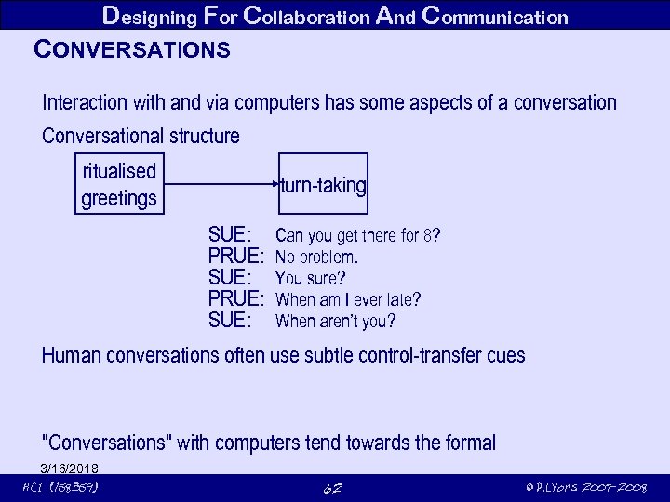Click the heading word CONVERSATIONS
[131, 49]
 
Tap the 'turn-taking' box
[324, 185]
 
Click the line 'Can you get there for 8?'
[357, 236]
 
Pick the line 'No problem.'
[317, 258]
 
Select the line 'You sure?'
[311, 279]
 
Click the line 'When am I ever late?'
[348, 300]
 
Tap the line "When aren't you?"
[335, 322]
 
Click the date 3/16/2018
[70, 468]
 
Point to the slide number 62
[331, 488]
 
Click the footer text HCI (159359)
[60, 488]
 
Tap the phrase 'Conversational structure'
[141, 137]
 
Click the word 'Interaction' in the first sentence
[89, 102]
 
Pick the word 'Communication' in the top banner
[494, 16]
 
